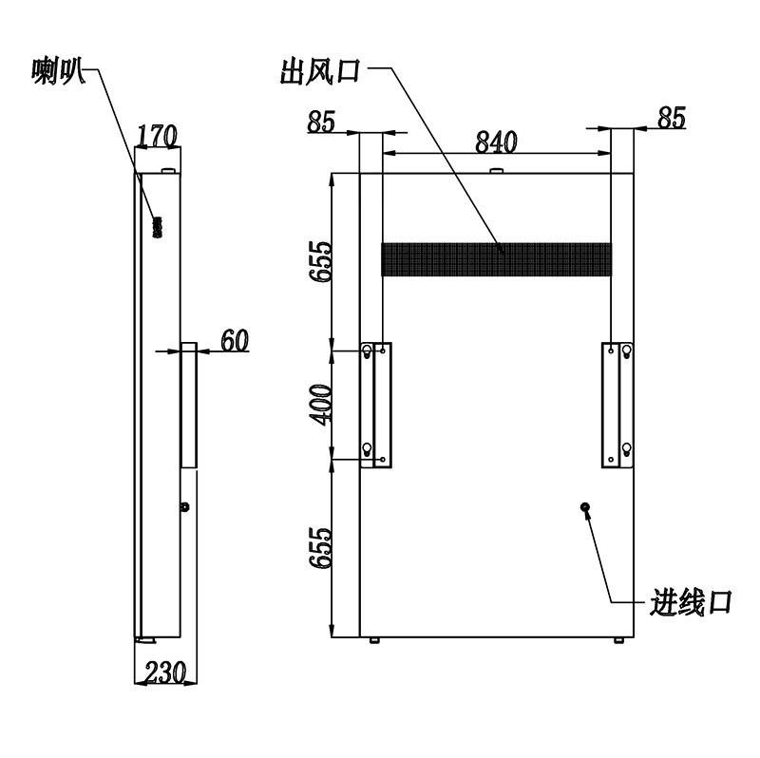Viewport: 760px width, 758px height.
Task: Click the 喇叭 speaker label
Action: click(59, 71)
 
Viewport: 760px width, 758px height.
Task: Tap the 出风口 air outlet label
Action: click(321, 71)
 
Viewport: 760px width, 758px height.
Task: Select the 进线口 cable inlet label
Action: click(691, 602)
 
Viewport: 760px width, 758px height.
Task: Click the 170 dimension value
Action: click(158, 136)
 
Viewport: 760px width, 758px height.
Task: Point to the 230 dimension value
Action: click(165, 672)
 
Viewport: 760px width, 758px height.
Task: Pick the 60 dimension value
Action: click(235, 340)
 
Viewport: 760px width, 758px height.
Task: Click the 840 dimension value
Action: click(496, 142)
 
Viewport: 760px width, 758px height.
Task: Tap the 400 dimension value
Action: click(321, 405)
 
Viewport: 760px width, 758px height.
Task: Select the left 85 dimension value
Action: click(321, 122)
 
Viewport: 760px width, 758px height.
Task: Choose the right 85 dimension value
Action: click(672, 117)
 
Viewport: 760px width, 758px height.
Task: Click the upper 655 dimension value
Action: click(321, 262)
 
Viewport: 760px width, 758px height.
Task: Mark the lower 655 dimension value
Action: click(321, 548)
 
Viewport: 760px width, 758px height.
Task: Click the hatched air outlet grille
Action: click(496, 259)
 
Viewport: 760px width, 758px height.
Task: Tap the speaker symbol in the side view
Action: click(158, 227)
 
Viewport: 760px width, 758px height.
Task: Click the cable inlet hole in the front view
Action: click(585, 507)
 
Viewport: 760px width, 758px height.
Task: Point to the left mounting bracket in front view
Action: click(376, 406)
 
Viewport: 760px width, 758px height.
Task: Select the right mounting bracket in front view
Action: click(617, 406)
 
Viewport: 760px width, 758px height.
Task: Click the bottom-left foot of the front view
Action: click(374, 641)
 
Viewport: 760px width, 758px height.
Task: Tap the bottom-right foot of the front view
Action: click(619, 641)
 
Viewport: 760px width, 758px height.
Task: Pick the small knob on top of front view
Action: click(496, 171)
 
